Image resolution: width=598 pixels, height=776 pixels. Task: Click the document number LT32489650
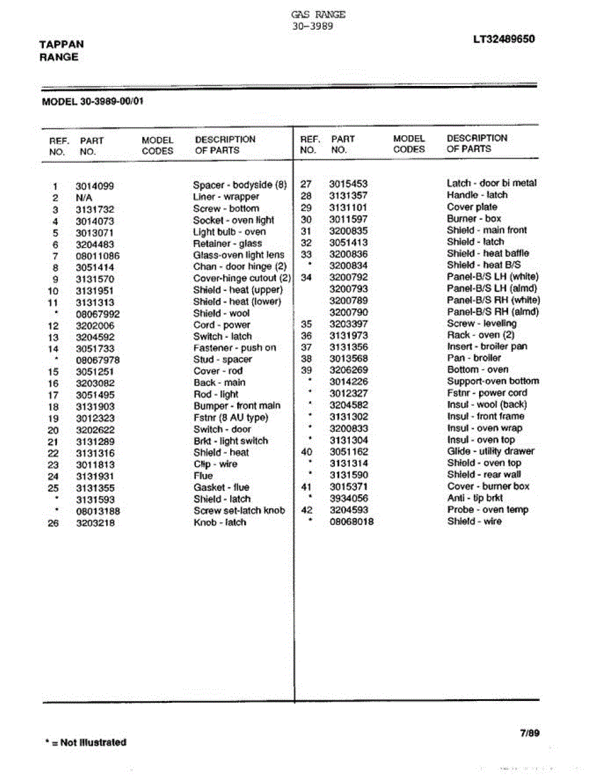click(504, 39)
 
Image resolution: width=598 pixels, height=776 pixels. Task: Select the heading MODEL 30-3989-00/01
click(92, 102)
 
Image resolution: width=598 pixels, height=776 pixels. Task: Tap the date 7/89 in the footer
click(529, 733)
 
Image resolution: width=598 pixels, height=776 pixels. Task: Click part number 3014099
click(94, 186)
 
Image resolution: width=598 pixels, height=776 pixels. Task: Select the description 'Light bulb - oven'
click(229, 232)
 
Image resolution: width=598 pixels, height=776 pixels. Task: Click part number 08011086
click(98, 255)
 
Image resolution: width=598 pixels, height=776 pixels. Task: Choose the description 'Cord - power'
click(221, 325)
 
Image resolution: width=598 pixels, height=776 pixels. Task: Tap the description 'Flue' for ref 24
click(202, 475)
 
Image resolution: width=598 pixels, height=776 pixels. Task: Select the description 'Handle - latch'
click(476, 195)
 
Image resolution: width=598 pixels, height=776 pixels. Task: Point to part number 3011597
click(348, 219)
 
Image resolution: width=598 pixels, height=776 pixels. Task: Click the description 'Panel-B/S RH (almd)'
click(493, 312)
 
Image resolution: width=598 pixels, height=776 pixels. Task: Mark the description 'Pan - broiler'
click(473, 358)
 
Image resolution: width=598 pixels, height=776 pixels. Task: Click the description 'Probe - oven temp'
click(487, 510)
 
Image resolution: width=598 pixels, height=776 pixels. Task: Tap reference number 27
click(306, 184)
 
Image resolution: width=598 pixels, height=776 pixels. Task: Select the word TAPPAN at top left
click(61, 45)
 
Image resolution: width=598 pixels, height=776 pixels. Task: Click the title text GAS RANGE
click(318, 14)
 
